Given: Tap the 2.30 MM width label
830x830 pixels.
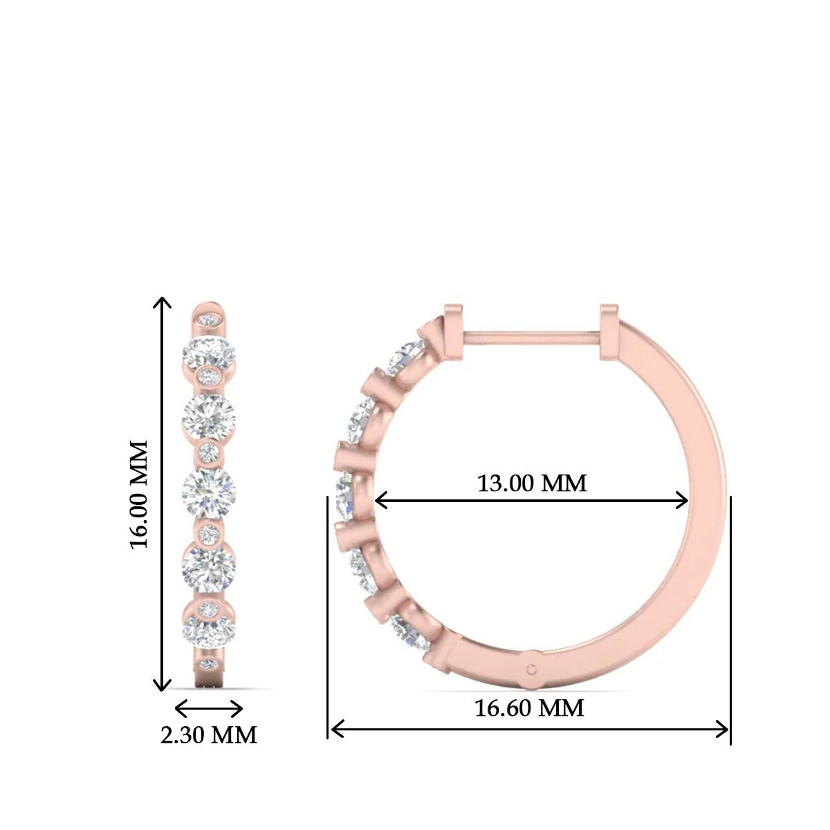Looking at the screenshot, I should click(208, 735).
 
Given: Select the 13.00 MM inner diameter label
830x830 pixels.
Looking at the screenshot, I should click(531, 483).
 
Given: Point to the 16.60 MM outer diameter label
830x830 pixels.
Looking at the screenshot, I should click(529, 708).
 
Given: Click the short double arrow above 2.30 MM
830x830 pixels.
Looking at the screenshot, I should click(209, 709).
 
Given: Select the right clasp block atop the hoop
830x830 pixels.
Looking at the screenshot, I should click(609, 333).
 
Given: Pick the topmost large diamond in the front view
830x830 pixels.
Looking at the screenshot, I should click(209, 354).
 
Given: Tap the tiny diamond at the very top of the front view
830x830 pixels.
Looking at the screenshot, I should click(209, 320).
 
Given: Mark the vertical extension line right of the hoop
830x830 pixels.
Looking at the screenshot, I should click(730, 616).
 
